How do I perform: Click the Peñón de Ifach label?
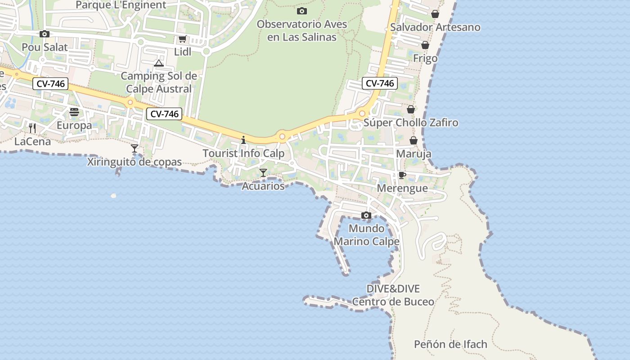[x=450, y=345]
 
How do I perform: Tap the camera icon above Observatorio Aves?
[x=302, y=11]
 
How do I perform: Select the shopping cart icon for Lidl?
[x=182, y=39]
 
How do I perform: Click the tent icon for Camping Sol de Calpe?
[x=158, y=63]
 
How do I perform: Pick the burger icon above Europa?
[x=74, y=112]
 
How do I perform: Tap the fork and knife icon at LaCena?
[x=32, y=128]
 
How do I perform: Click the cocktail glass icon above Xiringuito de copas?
[x=134, y=148]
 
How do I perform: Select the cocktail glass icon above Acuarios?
[x=263, y=172]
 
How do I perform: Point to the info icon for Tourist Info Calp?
[x=243, y=140]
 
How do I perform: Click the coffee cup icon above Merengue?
[x=402, y=175]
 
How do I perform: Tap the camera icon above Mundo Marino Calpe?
[x=366, y=215]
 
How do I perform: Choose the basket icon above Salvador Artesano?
[x=435, y=14]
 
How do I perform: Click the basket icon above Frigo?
[x=425, y=45]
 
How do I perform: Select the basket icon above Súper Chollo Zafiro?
[x=411, y=109]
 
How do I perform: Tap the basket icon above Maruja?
[x=413, y=140]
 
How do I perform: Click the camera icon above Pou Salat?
[x=44, y=34]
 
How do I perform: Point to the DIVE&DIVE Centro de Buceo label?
[x=393, y=295]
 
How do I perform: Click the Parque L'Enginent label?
[x=121, y=5]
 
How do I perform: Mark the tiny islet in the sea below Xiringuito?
[x=113, y=196]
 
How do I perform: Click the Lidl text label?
[x=183, y=52]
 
